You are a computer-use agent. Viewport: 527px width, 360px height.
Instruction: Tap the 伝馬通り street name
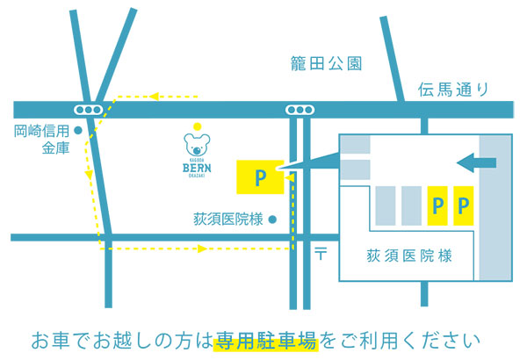pos(452,89)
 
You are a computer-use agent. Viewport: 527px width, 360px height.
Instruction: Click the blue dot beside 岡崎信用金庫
pos(78,132)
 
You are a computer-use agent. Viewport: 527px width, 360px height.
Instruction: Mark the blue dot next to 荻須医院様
pos(272,219)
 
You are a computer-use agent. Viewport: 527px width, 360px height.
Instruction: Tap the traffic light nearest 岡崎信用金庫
pos(89,110)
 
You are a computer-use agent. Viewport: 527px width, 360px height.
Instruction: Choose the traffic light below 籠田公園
pos(300,110)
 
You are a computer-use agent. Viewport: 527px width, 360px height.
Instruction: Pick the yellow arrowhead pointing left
pos(153,94)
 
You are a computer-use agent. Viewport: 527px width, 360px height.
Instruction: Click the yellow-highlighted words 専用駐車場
pos(264,339)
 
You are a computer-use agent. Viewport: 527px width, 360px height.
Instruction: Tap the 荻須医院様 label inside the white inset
pos(408,256)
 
